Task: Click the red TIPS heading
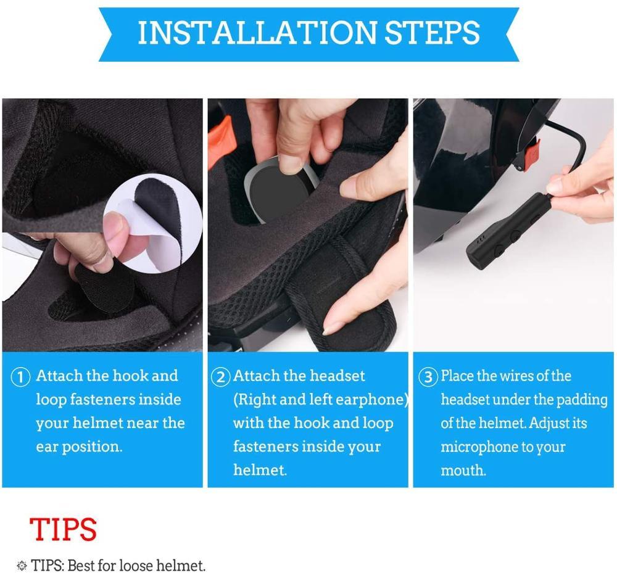(x=63, y=529)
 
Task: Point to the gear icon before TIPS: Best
(x=22, y=566)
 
